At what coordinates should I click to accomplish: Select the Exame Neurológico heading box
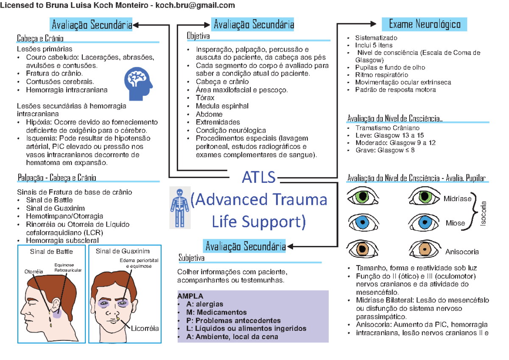pyautogui.click(x=424, y=24)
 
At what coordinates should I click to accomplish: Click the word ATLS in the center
pyautogui.click(x=259, y=178)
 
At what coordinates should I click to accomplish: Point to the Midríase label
pyautogui.click(x=457, y=198)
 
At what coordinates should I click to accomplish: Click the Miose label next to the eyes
pyautogui.click(x=455, y=223)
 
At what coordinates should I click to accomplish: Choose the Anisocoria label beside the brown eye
pyautogui.click(x=462, y=252)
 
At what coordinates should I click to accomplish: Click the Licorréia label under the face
pyautogui.click(x=145, y=328)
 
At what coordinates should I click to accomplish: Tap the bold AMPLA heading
pyautogui.click(x=190, y=296)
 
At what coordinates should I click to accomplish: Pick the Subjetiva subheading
pyautogui.click(x=191, y=258)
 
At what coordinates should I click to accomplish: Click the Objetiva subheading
pyautogui.click(x=198, y=36)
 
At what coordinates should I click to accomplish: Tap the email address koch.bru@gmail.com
pyautogui.click(x=195, y=5)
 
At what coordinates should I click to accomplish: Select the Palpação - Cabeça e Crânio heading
pyautogui.click(x=57, y=177)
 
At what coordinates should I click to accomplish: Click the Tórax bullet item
pyautogui.click(x=205, y=98)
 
